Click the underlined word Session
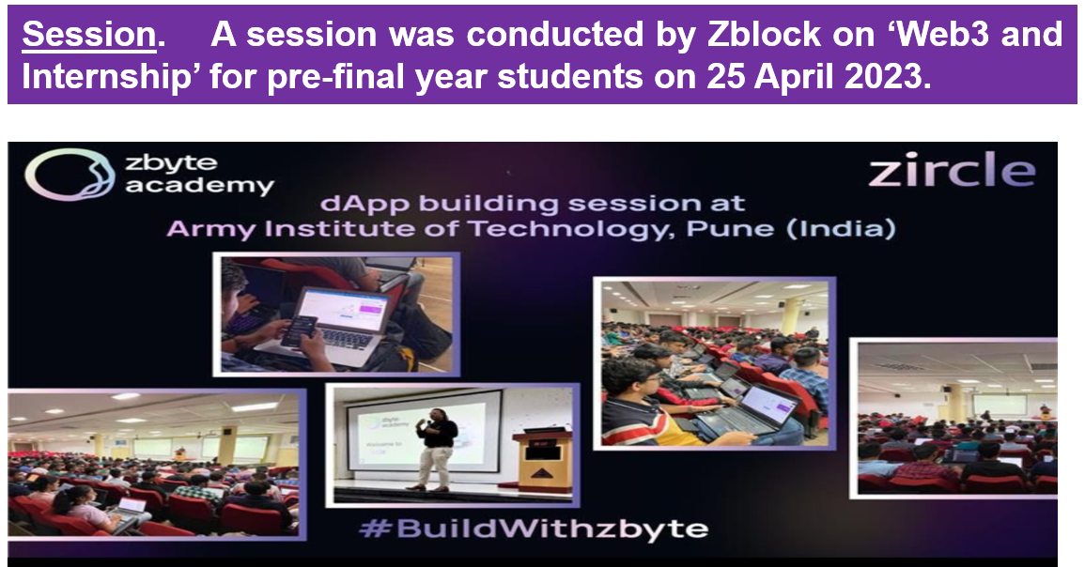pos(89,35)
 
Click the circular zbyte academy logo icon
pos(70,176)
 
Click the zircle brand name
pos(952,171)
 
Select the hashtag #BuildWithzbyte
pos(535,529)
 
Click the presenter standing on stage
pos(436,450)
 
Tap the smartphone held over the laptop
pos(300,330)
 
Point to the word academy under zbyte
pos(199,187)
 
